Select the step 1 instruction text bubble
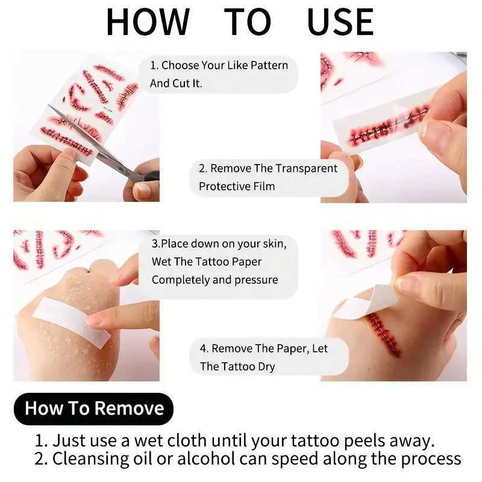tap(219, 74)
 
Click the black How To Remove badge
tap(94, 408)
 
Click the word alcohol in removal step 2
tap(223, 459)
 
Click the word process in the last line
tap(428, 459)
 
